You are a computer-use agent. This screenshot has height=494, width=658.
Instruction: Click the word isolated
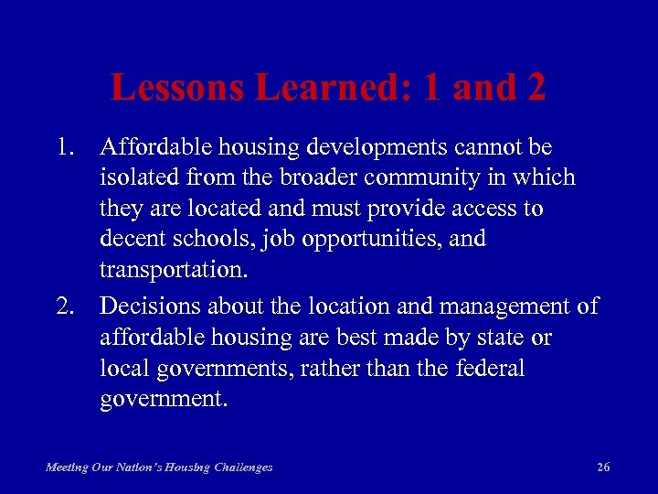pos(133,177)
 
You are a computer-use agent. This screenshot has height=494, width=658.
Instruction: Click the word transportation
pos(174,270)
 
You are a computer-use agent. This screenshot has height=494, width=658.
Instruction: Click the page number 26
pos(603,467)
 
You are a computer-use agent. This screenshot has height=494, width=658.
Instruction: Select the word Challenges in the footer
pos(240,467)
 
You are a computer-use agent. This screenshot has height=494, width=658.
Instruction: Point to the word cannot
pos(483,147)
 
